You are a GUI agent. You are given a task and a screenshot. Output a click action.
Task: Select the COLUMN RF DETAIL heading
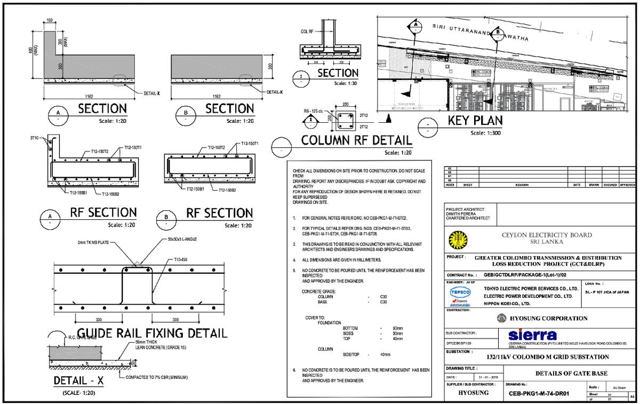[357, 141]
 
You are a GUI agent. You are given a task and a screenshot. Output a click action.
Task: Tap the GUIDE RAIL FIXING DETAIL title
[153, 333]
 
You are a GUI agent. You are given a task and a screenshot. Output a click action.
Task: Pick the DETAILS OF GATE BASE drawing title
[571, 373]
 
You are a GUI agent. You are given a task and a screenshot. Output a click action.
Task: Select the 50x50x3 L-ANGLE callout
[182, 239]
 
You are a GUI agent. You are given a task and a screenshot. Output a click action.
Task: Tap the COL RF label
[307, 31]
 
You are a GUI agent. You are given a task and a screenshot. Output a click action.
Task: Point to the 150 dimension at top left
[50, 21]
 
